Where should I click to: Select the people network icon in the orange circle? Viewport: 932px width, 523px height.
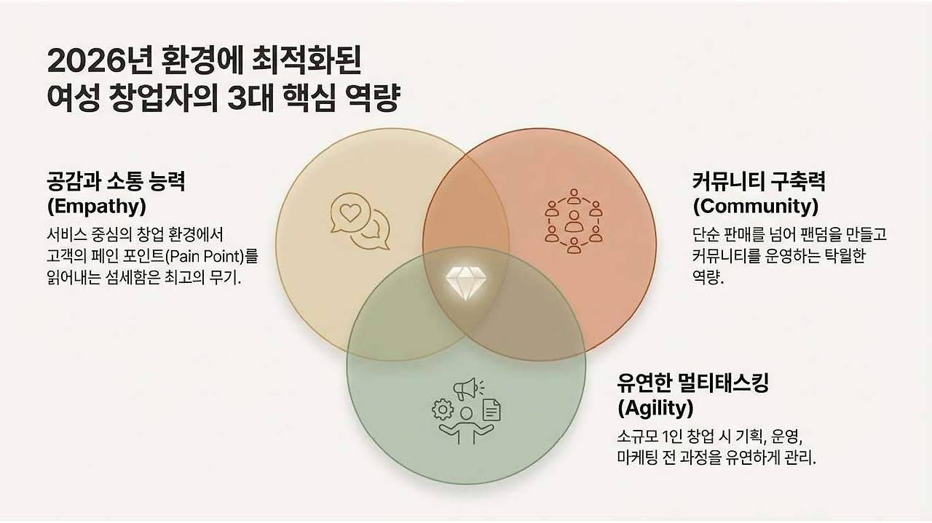(574, 220)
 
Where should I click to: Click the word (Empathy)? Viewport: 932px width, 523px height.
(96, 207)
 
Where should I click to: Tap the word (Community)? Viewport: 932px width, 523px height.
(755, 207)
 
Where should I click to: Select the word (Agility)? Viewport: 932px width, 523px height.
(655, 409)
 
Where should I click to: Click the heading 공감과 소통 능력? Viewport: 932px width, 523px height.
(116, 180)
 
